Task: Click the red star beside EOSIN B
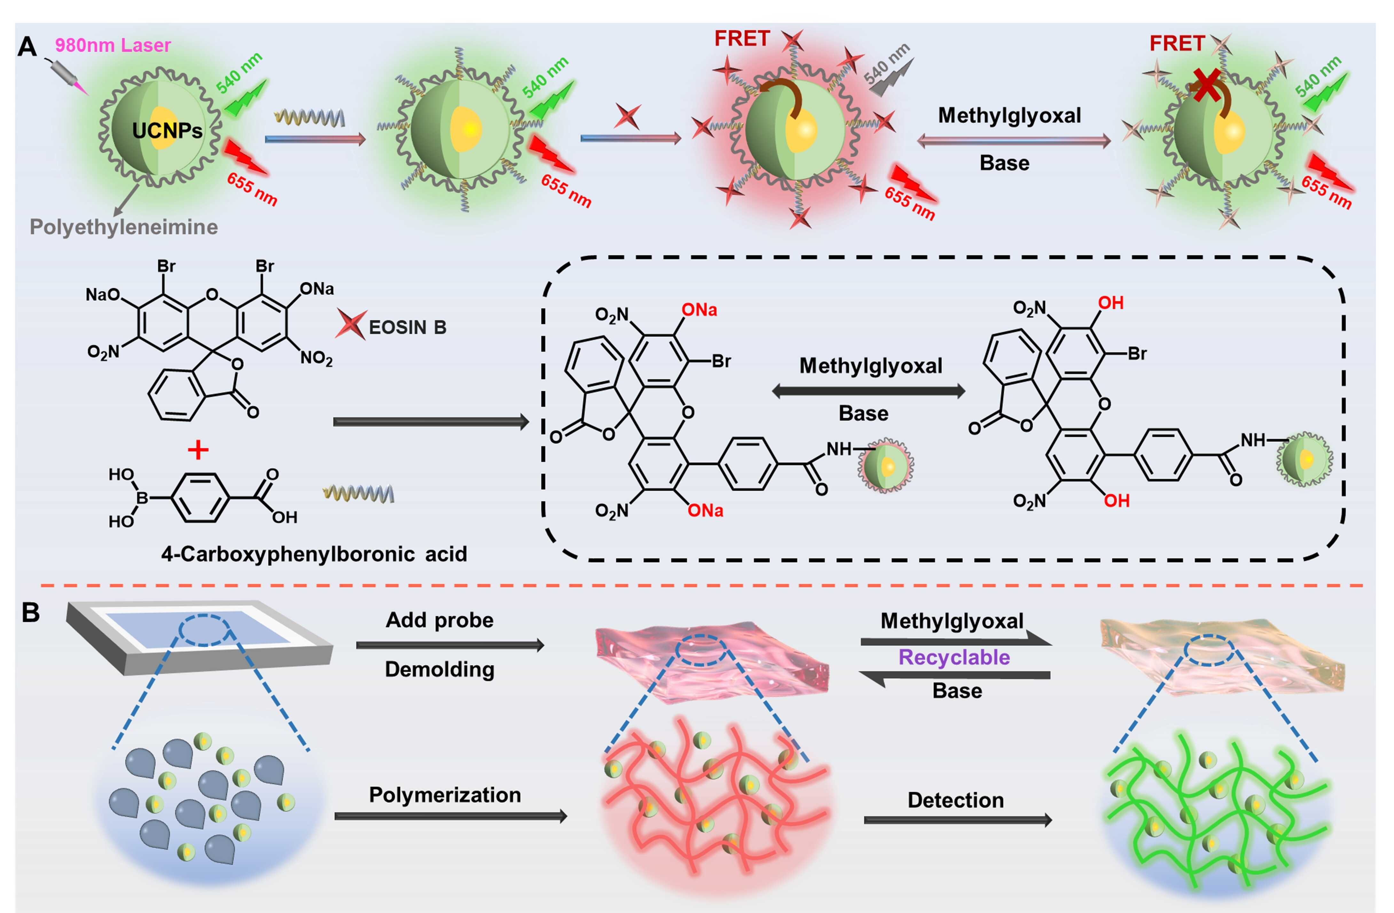click(x=350, y=325)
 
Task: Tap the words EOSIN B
click(x=408, y=327)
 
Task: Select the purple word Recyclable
click(x=954, y=657)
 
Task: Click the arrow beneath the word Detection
click(x=957, y=820)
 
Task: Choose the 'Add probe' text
click(x=439, y=620)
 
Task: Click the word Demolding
click(x=439, y=669)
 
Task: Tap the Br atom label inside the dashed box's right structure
click(x=1137, y=354)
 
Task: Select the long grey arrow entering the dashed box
click(x=430, y=422)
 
